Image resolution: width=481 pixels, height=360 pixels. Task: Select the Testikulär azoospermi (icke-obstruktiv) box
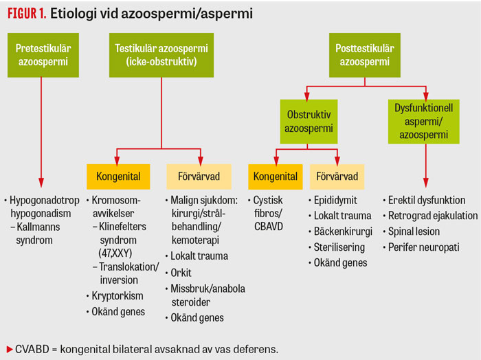[x=161, y=54]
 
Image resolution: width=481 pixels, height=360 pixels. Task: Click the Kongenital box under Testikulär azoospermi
[x=115, y=177]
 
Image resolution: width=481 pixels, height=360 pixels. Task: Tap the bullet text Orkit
[x=181, y=273]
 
